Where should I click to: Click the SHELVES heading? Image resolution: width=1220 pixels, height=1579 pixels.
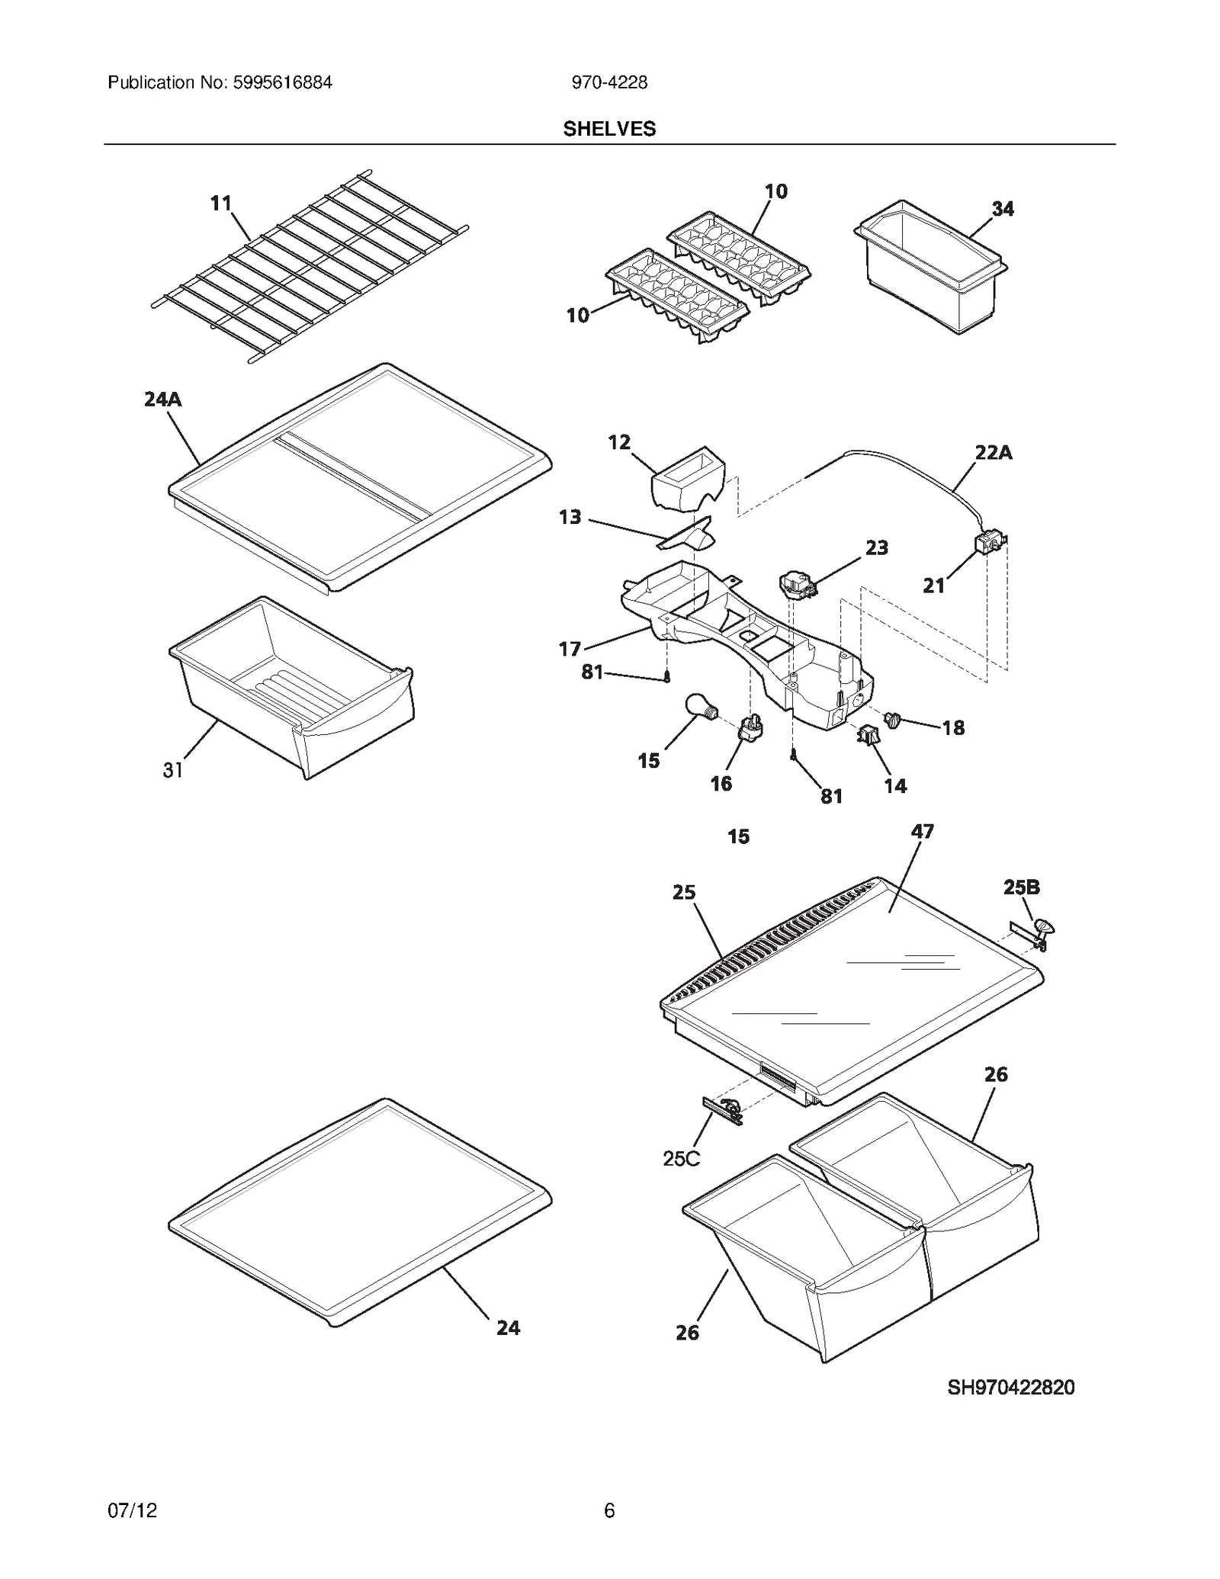(609, 129)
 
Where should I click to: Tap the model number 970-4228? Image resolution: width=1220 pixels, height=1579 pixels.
(609, 83)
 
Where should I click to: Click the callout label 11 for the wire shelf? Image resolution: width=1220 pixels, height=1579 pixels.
(220, 204)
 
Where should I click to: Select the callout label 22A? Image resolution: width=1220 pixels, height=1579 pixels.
(994, 453)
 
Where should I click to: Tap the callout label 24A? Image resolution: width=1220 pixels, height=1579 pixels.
(163, 400)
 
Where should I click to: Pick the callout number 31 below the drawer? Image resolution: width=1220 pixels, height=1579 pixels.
(173, 770)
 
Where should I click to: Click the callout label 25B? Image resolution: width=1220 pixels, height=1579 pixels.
(1021, 887)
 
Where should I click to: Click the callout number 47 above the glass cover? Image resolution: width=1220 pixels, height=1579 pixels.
(923, 831)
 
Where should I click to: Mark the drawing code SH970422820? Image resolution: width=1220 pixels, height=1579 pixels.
(1010, 1388)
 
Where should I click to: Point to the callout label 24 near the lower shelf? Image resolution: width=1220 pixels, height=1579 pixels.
(509, 1328)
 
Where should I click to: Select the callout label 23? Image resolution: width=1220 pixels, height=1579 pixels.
(876, 547)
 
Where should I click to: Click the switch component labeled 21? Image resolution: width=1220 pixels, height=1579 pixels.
(989, 543)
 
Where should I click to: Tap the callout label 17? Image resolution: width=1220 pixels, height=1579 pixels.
(570, 649)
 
